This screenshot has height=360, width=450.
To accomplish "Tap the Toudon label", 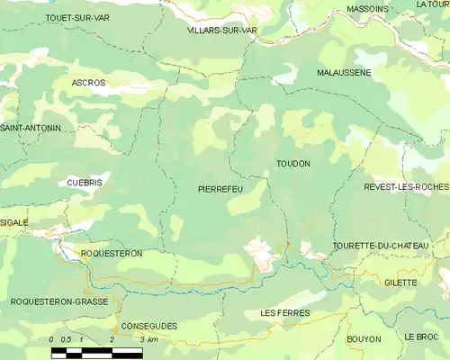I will pyautogui.click(x=293, y=164).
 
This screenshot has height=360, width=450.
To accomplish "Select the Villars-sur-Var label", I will pyautogui.click(x=222, y=30).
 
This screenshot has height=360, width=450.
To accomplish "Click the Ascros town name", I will pyautogui.click(x=88, y=83).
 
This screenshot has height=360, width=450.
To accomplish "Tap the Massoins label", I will pyautogui.click(x=367, y=9).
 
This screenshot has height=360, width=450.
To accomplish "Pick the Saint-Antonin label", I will pyautogui.click(x=30, y=129).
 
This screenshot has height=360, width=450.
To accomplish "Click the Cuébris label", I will pyautogui.click(x=85, y=182).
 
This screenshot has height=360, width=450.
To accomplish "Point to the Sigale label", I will pyautogui.click(x=13, y=222).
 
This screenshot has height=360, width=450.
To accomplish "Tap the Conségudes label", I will pyautogui.click(x=149, y=326).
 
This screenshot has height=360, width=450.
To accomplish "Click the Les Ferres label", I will pyautogui.click(x=284, y=312).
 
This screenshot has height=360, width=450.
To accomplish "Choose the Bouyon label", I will pyautogui.click(x=364, y=339).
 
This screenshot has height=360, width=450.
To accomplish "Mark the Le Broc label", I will pyautogui.click(x=421, y=337).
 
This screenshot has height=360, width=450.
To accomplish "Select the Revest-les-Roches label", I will pyautogui.click(x=406, y=186).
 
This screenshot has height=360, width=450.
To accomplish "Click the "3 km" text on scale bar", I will pyautogui.click(x=150, y=339).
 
